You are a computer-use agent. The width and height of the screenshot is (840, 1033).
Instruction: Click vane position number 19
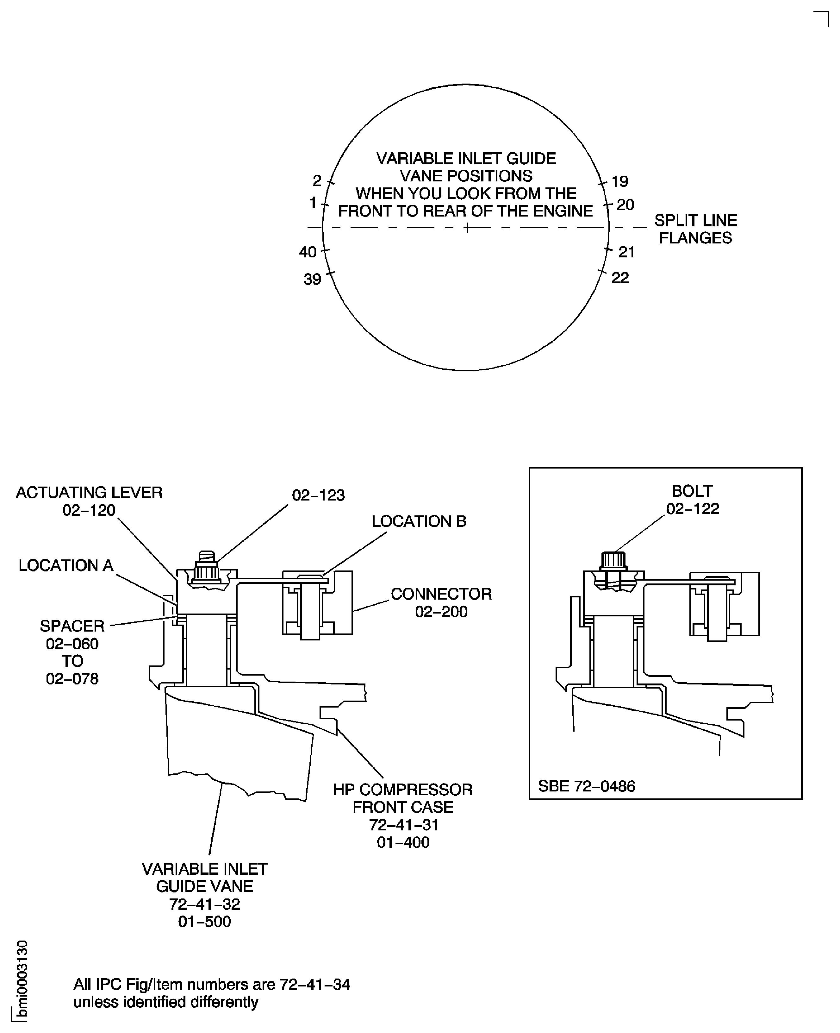tap(620, 181)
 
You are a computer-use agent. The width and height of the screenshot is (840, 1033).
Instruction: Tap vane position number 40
tap(308, 252)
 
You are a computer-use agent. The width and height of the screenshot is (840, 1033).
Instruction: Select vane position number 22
tap(620, 278)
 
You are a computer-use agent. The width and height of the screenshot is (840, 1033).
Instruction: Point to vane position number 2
tap(317, 180)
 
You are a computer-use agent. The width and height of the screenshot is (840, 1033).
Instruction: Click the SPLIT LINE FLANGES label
tap(696, 229)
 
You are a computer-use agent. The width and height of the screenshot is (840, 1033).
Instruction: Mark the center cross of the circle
tap(466, 228)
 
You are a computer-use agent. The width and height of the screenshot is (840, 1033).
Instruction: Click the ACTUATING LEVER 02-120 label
tap(89, 501)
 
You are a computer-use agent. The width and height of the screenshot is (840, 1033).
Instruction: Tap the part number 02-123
tap(318, 495)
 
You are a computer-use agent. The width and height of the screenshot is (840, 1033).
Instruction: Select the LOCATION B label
tap(419, 521)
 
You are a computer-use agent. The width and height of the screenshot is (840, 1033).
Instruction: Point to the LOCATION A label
tap(66, 565)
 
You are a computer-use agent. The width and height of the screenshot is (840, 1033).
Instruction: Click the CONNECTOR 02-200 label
tap(441, 603)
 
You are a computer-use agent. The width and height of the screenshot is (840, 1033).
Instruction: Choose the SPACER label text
tap(72, 626)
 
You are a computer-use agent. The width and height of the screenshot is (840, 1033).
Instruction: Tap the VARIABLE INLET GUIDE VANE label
tap(205, 878)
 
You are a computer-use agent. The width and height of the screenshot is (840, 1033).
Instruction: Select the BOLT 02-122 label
tap(693, 500)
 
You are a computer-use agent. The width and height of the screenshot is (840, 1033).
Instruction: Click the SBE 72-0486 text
tap(587, 786)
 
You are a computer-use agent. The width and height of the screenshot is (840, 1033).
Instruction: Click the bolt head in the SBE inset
tap(613, 561)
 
